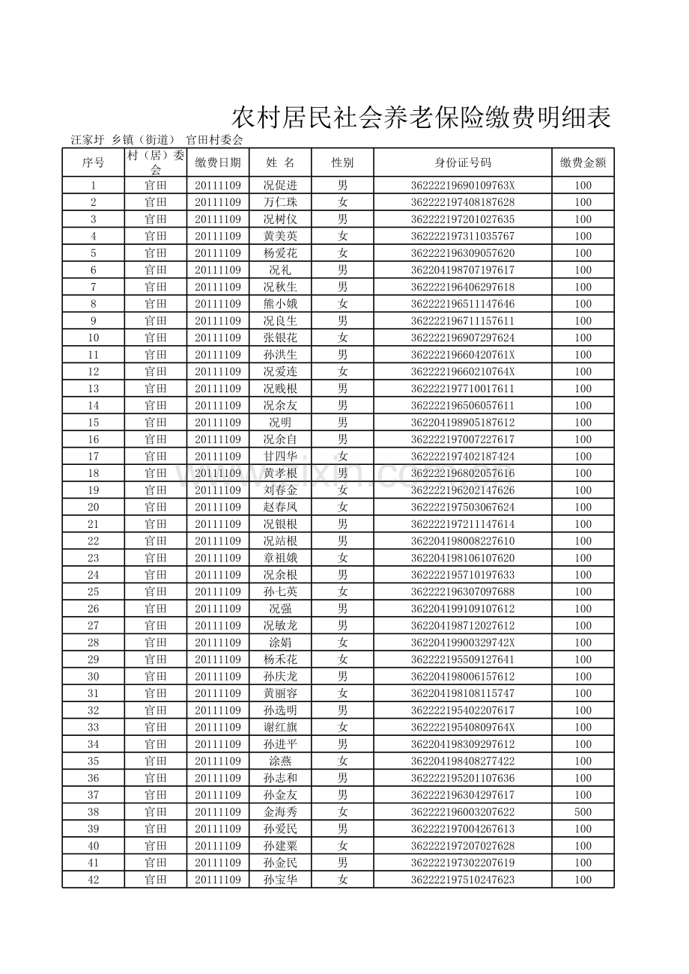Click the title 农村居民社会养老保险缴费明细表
tap(421, 118)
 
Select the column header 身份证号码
tap(463, 162)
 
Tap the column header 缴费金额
tap(583, 162)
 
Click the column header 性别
tap(342, 162)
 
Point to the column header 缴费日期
tap(218, 162)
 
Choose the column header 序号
tap(94, 162)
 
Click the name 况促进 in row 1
tap(280, 186)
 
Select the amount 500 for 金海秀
tap(583, 812)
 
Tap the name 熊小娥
tap(280, 304)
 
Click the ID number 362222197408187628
tap(463, 202)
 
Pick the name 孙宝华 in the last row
tap(280, 880)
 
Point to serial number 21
tap(94, 524)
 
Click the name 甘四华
tap(280, 456)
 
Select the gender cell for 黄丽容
tap(342, 693)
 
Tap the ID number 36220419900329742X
tap(463, 642)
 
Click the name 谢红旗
tap(280, 727)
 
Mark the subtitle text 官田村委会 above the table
tap(214, 139)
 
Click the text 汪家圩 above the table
tap(87, 139)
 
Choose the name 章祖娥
tap(280, 558)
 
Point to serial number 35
tap(94, 761)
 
